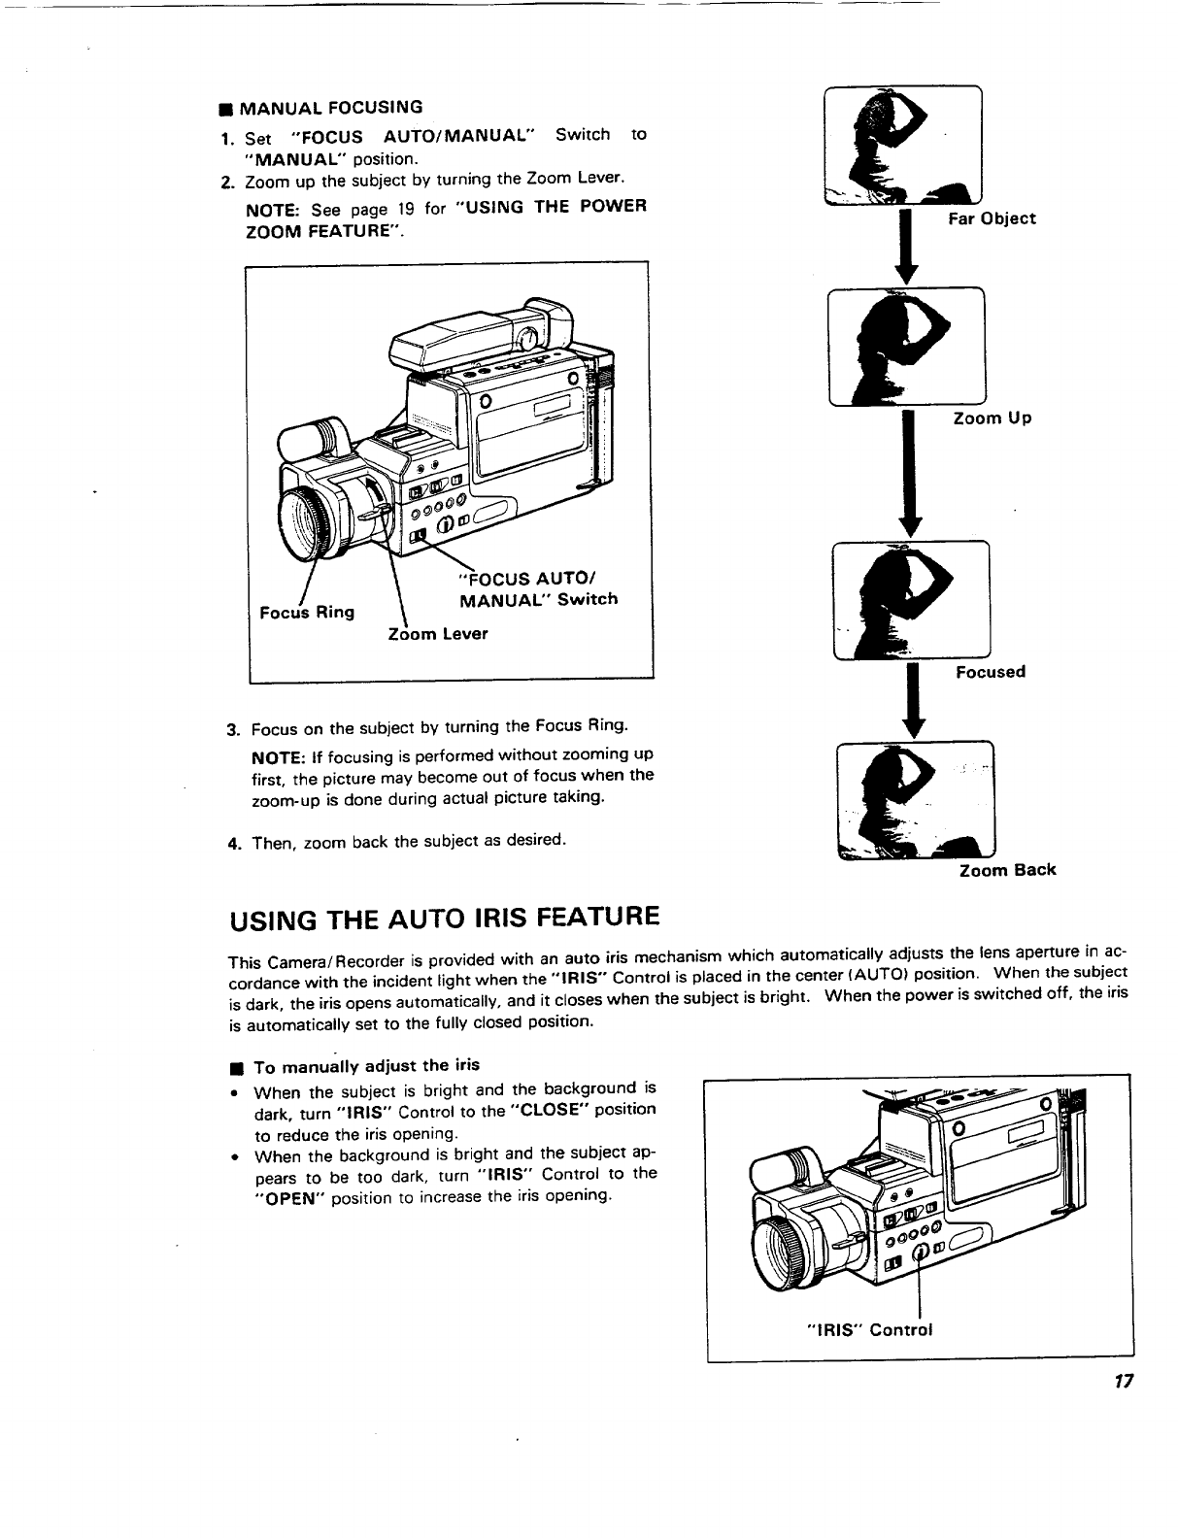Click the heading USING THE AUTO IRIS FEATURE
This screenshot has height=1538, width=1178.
click(444, 917)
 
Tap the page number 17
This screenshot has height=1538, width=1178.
click(1125, 1381)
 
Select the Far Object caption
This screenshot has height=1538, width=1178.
click(992, 218)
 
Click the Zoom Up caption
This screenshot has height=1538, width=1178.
click(992, 418)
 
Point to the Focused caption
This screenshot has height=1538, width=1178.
click(991, 671)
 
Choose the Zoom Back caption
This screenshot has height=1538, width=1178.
click(1007, 870)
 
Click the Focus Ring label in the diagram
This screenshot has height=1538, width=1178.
click(307, 612)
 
